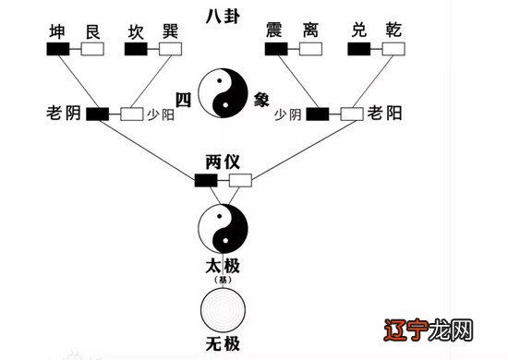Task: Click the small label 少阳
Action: click(160, 116)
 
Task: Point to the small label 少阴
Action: click(289, 115)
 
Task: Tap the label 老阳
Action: click(387, 114)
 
